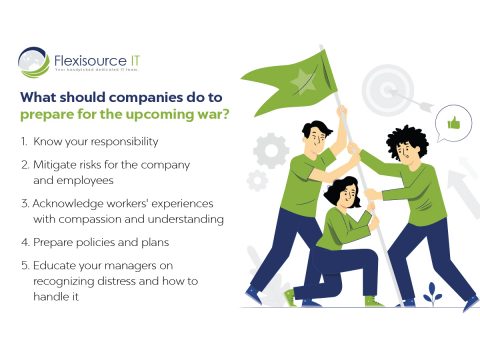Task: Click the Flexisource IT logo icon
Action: pyautogui.click(x=34, y=62)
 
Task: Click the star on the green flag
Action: pyautogui.click(x=300, y=79)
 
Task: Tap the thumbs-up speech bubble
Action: pyautogui.click(x=453, y=124)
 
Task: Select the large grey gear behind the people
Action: pyautogui.click(x=271, y=149)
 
